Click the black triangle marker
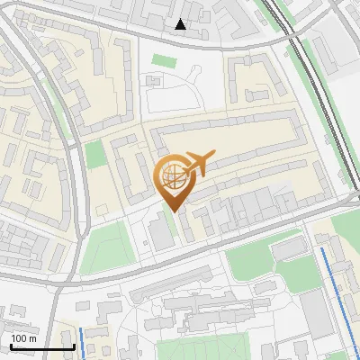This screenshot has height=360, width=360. click(181, 24)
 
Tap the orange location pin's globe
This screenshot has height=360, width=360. click(174, 173)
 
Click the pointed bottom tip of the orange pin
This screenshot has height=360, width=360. click(174, 211)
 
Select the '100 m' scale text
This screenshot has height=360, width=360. click(24, 338)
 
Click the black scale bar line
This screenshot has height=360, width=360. click(41, 346)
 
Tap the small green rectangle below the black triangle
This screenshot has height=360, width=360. click(163, 60)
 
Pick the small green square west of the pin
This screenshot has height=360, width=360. click(95, 155)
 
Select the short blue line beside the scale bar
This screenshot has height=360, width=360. click(82, 343)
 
